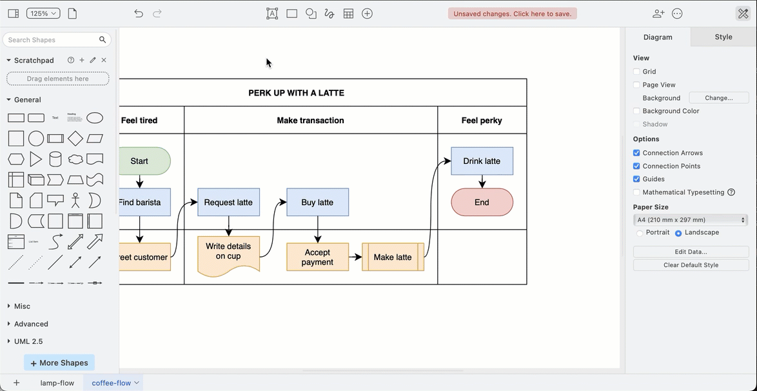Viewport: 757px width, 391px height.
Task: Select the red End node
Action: click(482, 202)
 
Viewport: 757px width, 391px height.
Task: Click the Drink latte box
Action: click(482, 161)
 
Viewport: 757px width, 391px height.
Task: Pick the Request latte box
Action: click(228, 202)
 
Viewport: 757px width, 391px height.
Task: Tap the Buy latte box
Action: click(317, 202)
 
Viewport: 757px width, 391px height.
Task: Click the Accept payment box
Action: click(317, 257)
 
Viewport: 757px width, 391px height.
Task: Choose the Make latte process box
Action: click(393, 257)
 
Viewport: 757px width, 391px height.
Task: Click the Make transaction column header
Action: click(310, 120)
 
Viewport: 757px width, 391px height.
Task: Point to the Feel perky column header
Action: click(482, 120)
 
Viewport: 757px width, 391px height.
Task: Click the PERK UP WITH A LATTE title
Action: click(296, 93)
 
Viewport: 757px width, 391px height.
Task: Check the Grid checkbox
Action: click(636, 72)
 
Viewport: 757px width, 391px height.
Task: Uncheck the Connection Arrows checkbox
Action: click(636, 153)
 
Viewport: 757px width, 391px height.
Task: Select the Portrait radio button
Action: click(640, 233)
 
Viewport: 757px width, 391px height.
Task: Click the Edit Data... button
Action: click(691, 252)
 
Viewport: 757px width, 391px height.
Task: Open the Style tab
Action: click(723, 37)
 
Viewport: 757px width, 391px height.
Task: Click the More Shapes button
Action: click(59, 363)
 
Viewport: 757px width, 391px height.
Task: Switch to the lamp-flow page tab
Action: click(57, 383)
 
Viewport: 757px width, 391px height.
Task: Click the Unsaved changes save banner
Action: click(512, 14)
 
